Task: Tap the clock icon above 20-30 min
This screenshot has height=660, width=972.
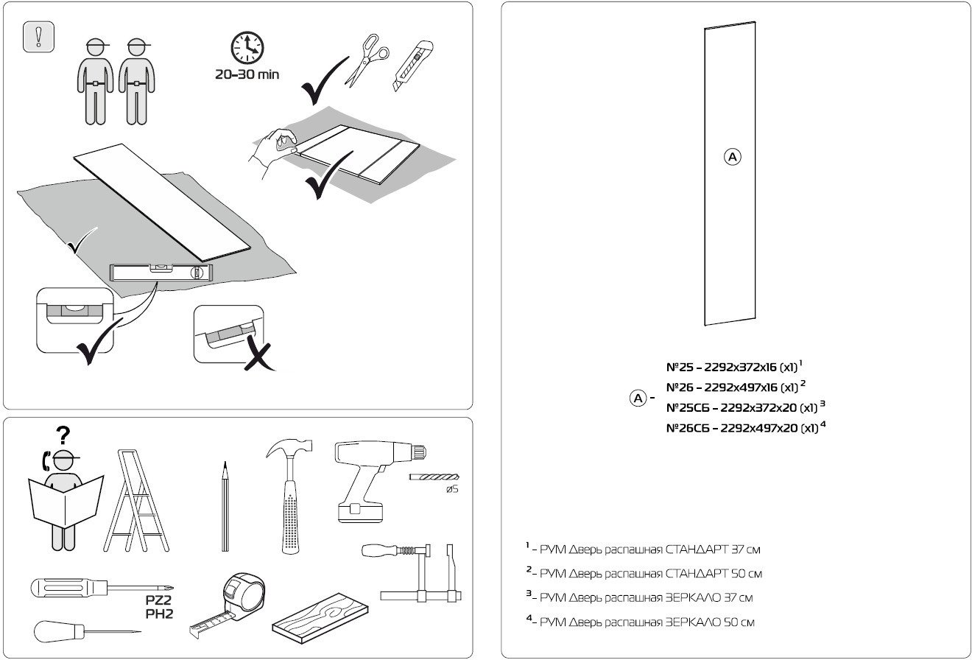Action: [246, 48]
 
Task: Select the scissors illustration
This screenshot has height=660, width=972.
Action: [365, 60]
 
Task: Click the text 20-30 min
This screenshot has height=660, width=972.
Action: [246, 75]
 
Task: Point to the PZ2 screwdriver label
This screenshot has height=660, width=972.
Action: [158, 600]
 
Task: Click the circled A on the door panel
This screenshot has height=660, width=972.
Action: [733, 156]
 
